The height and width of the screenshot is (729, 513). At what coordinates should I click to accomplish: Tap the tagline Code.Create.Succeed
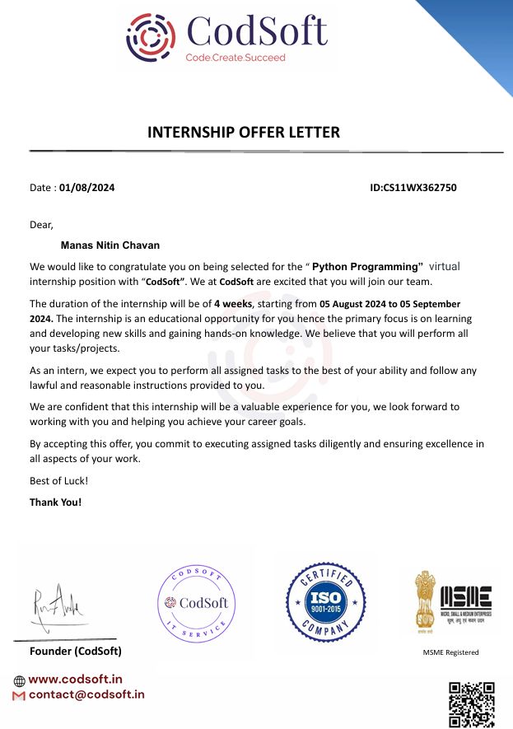tap(236, 58)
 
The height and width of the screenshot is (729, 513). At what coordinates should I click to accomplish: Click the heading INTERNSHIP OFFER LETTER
tap(243, 132)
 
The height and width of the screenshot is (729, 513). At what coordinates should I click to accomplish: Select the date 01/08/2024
tap(87, 188)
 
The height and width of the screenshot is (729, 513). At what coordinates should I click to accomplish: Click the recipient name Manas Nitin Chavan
tap(110, 245)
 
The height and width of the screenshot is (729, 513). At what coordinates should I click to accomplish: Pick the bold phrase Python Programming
tap(367, 266)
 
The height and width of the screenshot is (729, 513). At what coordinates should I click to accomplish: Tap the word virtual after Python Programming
tap(445, 266)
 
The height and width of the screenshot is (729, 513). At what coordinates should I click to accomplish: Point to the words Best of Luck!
tap(58, 480)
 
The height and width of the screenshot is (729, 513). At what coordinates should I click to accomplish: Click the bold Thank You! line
tap(56, 502)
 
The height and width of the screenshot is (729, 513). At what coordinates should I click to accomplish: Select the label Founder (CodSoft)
tap(76, 652)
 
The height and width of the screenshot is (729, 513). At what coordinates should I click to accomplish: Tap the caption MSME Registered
tap(450, 652)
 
